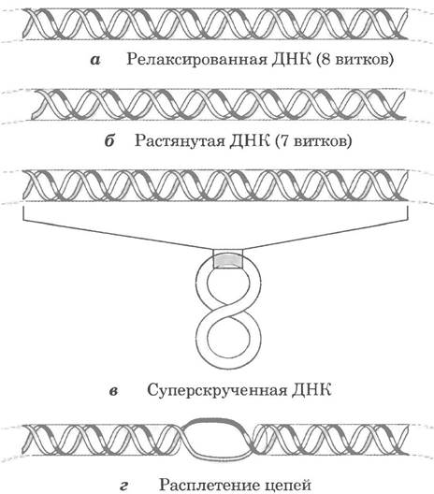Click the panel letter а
click(x=95, y=60)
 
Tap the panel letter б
click(x=109, y=140)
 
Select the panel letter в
click(x=113, y=391)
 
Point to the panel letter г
click(x=123, y=487)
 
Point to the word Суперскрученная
click(x=217, y=391)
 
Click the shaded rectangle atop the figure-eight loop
click(x=228, y=262)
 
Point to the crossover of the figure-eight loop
click(x=228, y=307)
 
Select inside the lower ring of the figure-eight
click(x=228, y=338)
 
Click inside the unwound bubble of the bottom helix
click(x=216, y=440)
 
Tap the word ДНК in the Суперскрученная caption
click(x=311, y=390)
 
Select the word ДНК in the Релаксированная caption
click(x=291, y=59)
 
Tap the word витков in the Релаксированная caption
click(x=362, y=59)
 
